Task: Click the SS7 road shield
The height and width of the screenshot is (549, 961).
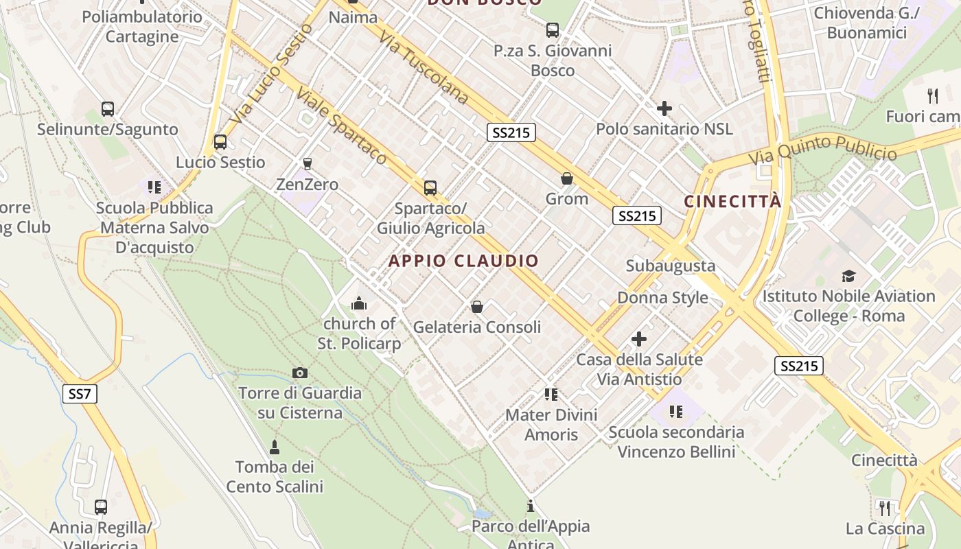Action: (x=80, y=394)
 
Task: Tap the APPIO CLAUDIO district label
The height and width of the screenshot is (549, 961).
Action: (x=464, y=261)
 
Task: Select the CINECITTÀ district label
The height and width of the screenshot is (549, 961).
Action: (x=732, y=202)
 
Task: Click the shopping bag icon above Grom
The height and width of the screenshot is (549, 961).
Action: (x=567, y=179)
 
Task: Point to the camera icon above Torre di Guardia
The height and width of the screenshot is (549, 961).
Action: (x=299, y=373)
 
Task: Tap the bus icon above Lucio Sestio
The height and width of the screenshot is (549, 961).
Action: (x=220, y=142)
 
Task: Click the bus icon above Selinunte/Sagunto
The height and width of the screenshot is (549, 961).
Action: (x=108, y=109)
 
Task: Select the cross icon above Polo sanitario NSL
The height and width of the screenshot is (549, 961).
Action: (x=664, y=108)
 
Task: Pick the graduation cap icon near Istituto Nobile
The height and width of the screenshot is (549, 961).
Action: (x=849, y=277)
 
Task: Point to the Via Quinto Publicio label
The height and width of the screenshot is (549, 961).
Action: (x=822, y=151)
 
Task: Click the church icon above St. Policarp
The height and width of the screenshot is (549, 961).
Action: (x=358, y=303)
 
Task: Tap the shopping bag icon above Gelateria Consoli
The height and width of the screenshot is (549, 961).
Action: (x=476, y=307)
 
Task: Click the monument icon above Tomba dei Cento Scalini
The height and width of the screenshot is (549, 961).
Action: (x=275, y=447)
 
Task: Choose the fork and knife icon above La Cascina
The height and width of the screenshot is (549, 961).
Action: (x=885, y=509)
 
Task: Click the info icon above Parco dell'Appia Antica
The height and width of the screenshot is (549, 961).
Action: (x=530, y=506)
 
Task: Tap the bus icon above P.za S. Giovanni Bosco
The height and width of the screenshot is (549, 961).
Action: (x=553, y=30)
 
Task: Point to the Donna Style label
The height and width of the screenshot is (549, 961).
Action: (x=662, y=298)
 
